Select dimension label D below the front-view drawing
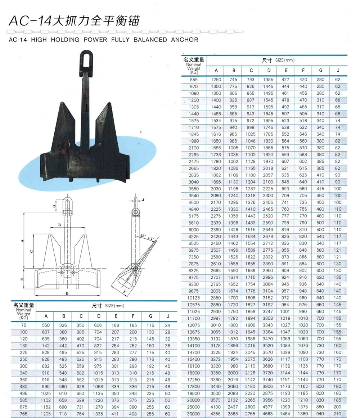67,293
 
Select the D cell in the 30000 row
268,414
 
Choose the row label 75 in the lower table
24,325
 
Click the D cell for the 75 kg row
98,325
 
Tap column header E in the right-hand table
286,71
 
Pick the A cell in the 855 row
216,80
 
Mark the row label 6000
194,230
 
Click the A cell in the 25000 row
216,407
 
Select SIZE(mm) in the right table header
284,60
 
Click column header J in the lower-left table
168,316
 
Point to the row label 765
24,414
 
